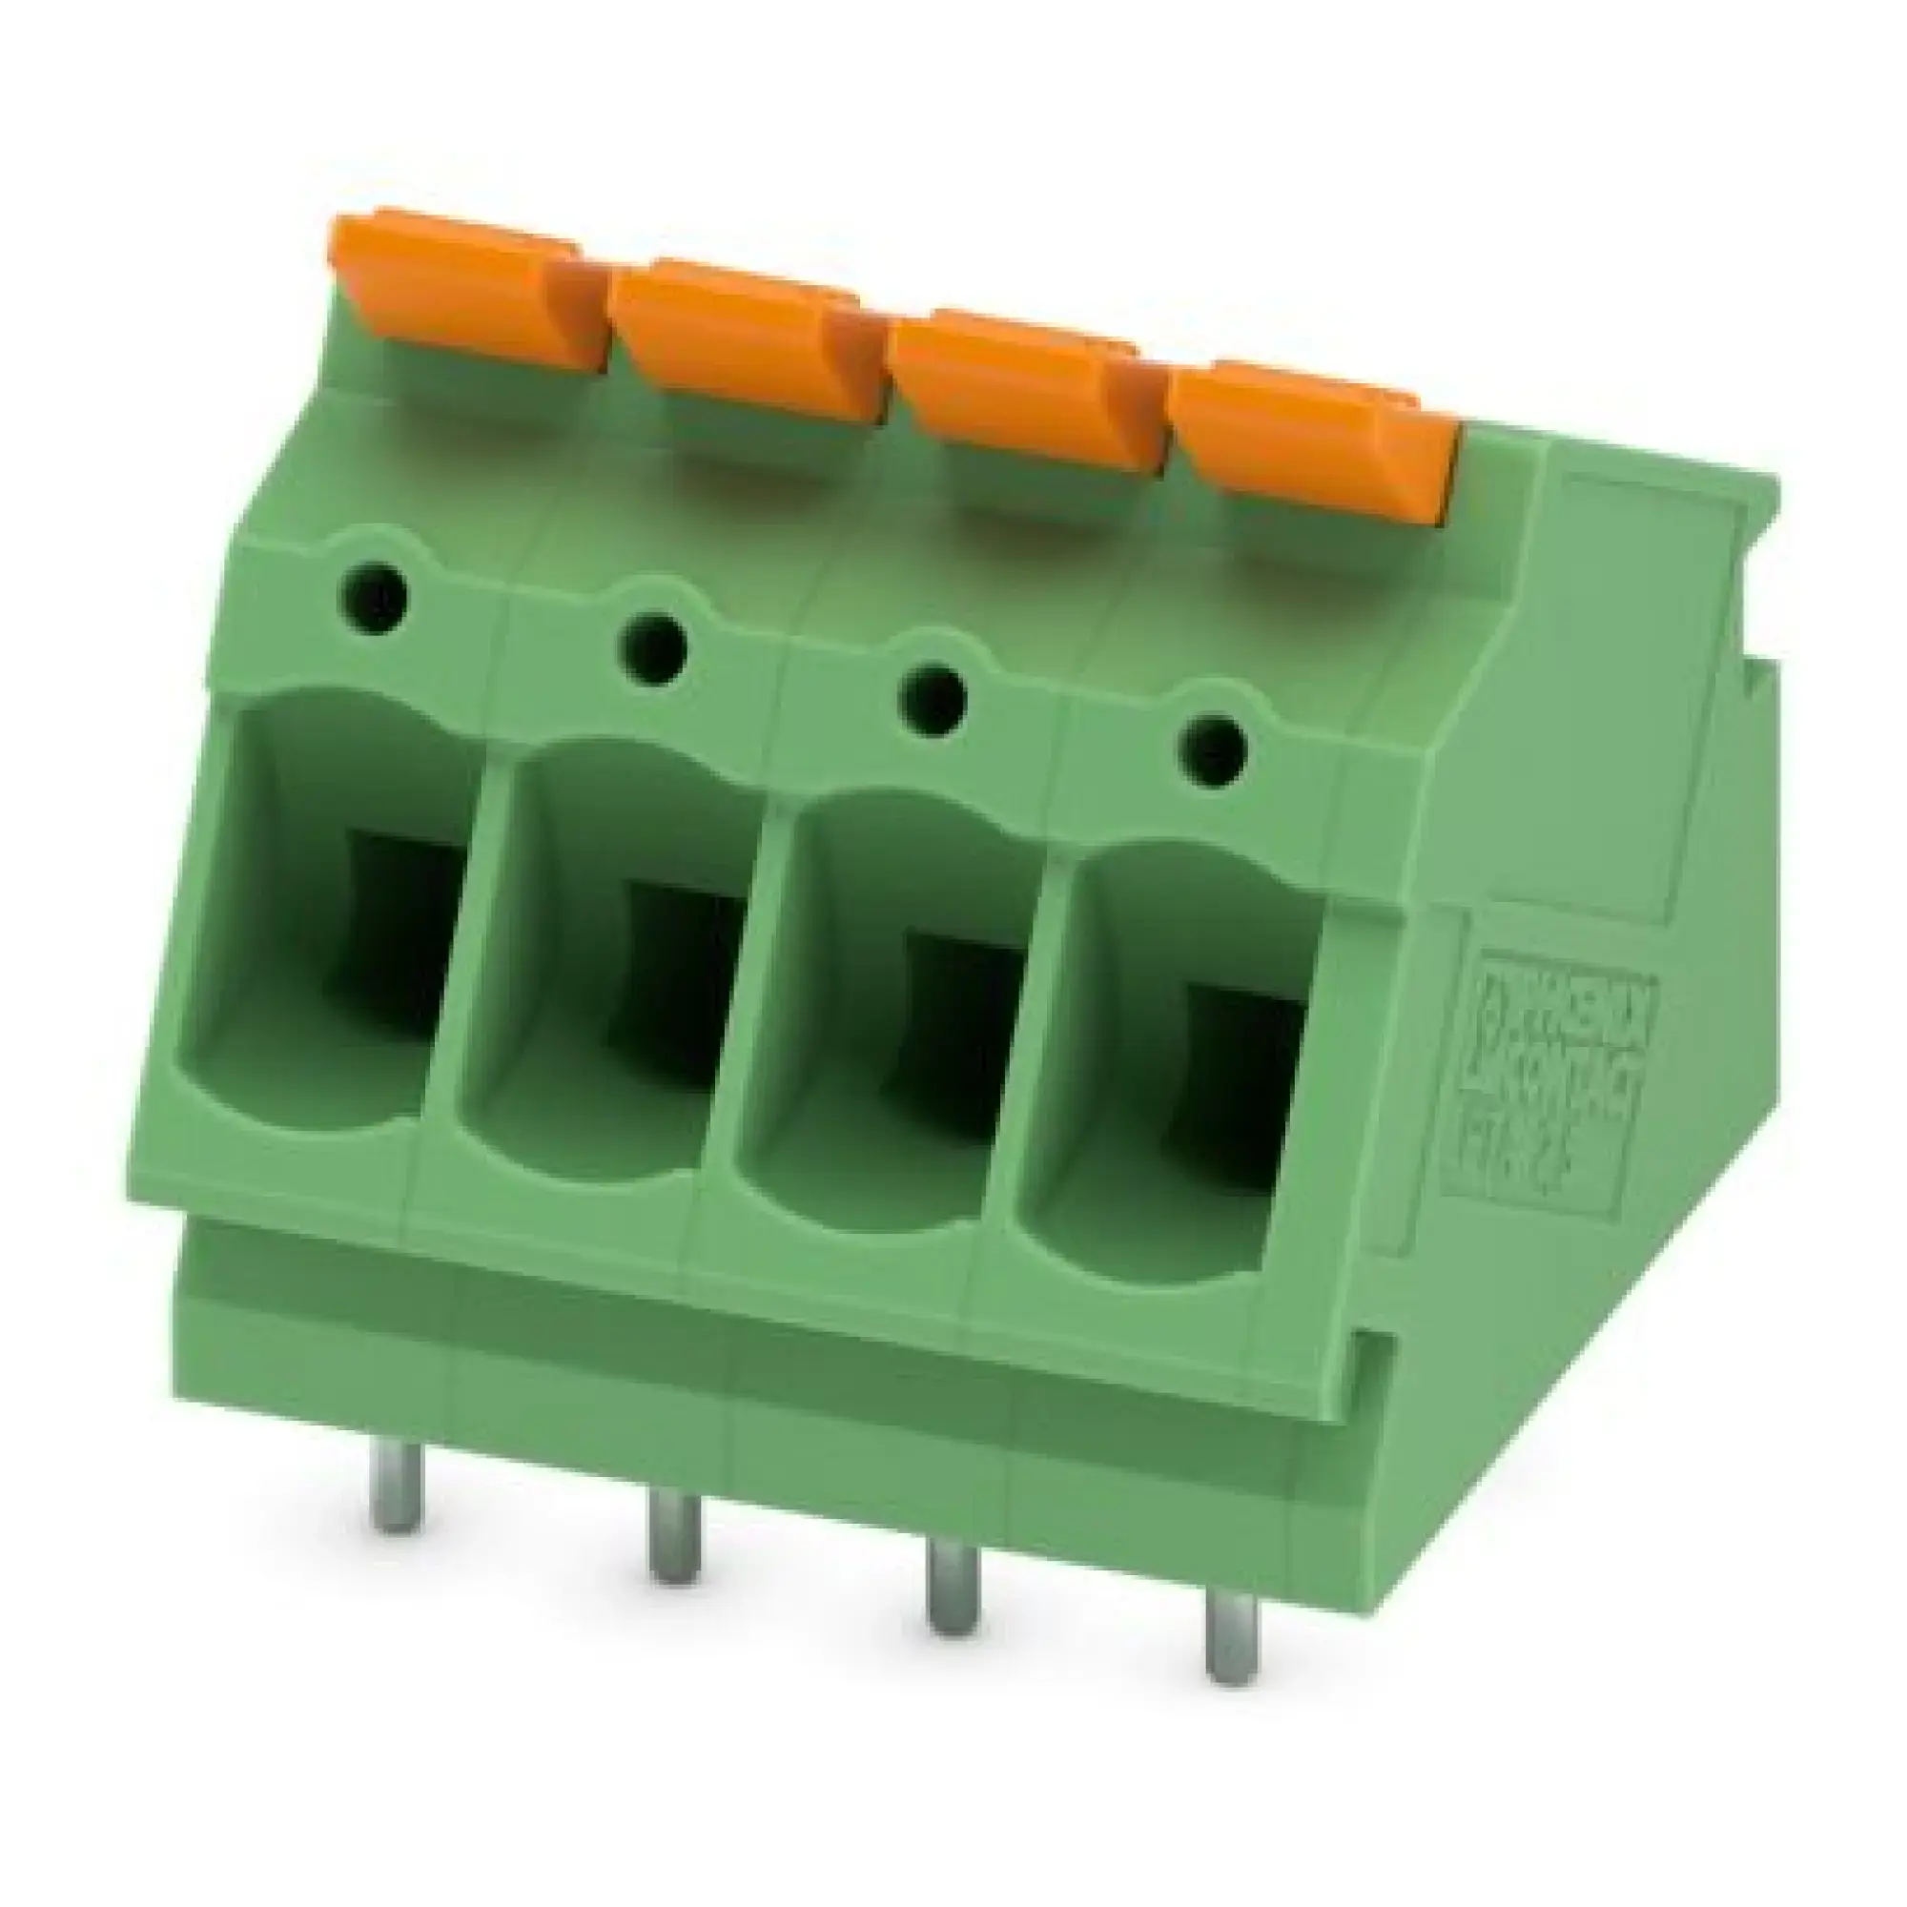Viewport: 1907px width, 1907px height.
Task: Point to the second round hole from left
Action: click(652, 646)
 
